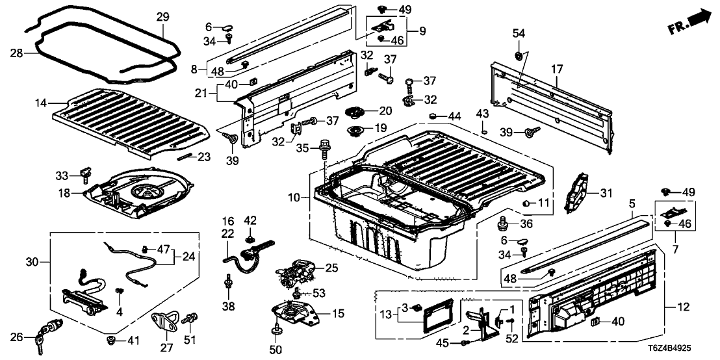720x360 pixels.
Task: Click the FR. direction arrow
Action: tap(690, 22)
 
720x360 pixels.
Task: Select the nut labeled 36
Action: tap(502, 225)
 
